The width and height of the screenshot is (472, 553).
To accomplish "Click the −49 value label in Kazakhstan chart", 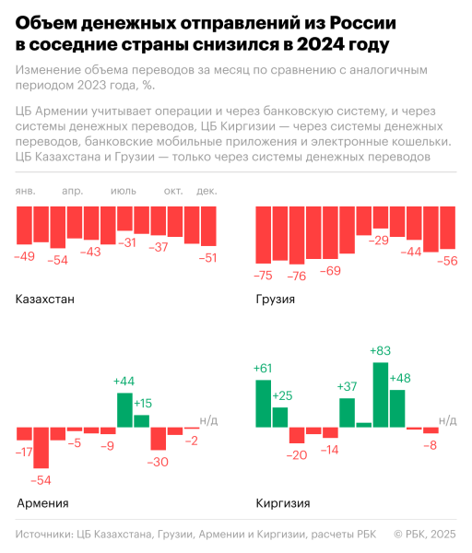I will coord(25,256).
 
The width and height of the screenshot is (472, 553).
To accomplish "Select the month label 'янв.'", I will coord(27,191).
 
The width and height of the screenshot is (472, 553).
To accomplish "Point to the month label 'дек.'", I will coord(206,191).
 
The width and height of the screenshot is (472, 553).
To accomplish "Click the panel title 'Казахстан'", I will coord(45,300).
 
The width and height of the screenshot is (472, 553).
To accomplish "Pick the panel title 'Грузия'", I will coord(275,300).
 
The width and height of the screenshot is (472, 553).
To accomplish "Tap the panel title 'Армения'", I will coord(42,503).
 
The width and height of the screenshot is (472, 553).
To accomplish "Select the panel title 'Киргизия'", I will coord(282,503).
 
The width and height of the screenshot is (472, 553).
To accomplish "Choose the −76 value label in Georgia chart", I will coord(296,276).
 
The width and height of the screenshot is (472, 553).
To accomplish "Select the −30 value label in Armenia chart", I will coord(158,462).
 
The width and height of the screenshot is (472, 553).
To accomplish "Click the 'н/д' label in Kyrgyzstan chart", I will coord(447,420).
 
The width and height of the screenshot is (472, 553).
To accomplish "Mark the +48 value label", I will coord(400,379).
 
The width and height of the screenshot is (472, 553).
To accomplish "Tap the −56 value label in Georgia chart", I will coord(447,261).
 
